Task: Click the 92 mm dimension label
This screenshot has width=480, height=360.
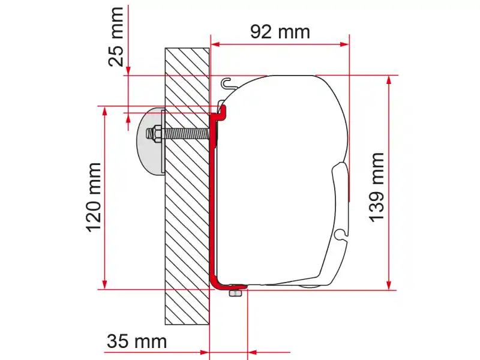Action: (280, 32)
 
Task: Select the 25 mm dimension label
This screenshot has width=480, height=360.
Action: (116, 37)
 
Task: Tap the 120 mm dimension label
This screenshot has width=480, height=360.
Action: (94, 197)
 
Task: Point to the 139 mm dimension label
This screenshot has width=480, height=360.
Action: (377, 187)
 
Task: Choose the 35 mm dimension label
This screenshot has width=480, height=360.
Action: (137, 341)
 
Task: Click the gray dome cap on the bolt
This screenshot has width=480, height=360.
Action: (151, 141)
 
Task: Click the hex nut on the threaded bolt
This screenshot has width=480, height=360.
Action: (156, 134)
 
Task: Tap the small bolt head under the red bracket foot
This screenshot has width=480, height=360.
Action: (235, 293)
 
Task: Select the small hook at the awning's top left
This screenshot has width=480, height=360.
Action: (227, 83)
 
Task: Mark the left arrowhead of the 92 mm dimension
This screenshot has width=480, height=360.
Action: (216, 44)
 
